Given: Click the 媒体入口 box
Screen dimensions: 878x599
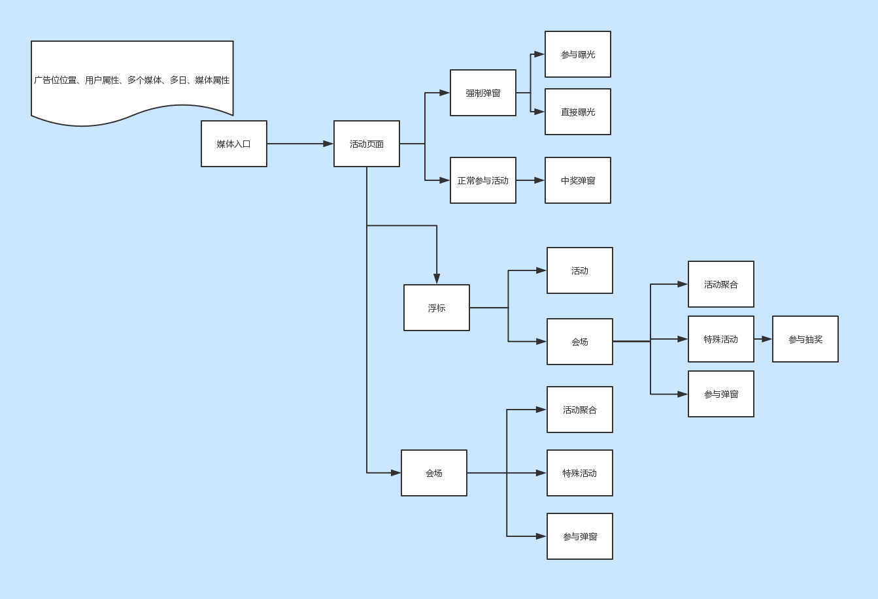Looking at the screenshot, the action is [x=234, y=144].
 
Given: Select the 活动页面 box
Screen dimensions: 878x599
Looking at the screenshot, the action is [x=367, y=144].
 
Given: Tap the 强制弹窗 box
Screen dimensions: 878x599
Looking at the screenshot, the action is [x=483, y=93].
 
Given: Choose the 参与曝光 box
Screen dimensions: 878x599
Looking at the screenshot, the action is [x=578, y=54].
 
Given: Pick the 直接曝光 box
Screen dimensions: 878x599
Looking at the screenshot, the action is [x=578, y=112].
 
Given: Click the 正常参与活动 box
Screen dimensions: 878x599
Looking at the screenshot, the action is [x=483, y=180].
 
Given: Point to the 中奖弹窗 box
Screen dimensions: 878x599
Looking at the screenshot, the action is [x=578, y=180].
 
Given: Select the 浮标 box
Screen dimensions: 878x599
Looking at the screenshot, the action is [x=437, y=308].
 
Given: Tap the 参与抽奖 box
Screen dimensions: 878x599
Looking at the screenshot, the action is [x=805, y=339].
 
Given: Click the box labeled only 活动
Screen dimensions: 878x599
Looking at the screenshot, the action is [x=580, y=270].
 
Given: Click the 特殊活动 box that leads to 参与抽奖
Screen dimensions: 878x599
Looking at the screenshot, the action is [x=721, y=339].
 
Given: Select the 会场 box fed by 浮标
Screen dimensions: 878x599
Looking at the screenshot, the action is [x=580, y=342].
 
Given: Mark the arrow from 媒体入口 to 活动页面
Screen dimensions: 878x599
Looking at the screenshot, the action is [x=300, y=144].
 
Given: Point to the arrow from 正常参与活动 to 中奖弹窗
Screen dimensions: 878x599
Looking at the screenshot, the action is [x=530, y=180].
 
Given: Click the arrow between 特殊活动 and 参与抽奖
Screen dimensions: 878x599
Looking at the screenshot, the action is [x=763, y=339].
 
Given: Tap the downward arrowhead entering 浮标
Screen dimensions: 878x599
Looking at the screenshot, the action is [x=437, y=279].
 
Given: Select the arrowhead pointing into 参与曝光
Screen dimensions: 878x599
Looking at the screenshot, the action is [x=539, y=54].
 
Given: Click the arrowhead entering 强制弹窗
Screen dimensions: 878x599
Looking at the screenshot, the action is [x=445, y=93].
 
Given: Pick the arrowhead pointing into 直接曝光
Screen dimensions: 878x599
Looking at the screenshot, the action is [x=539, y=112].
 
